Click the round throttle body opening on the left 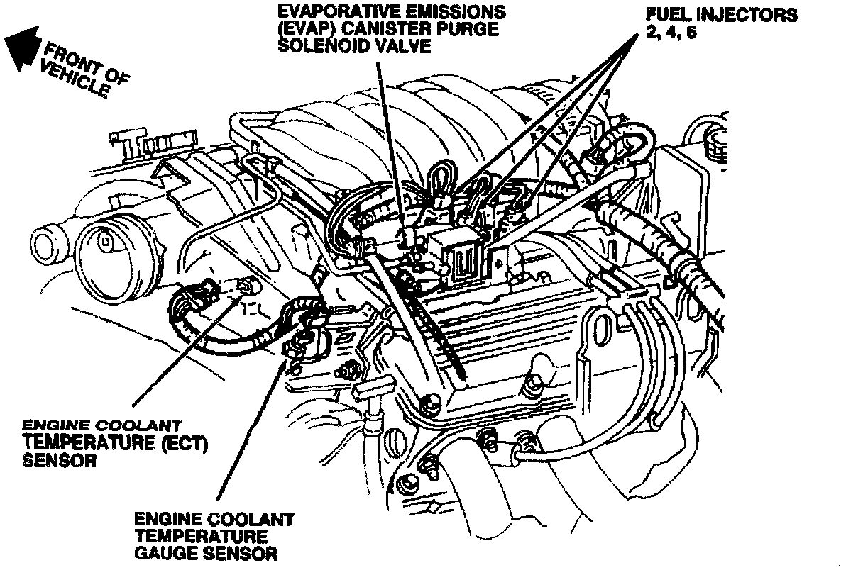(106, 245)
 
